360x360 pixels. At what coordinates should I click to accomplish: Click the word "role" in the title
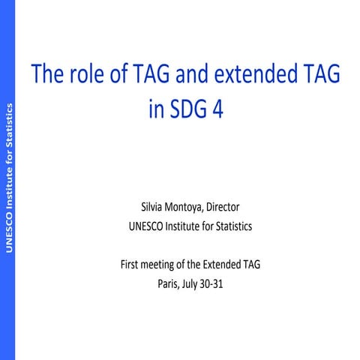(x=87, y=75)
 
